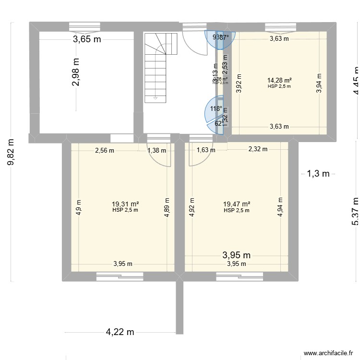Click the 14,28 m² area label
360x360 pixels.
coord(279,80)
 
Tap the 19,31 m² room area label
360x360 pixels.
coord(125,204)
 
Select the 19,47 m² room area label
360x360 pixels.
coord(237,204)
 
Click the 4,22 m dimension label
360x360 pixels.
coord(120,332)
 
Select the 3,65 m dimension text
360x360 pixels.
coord(87,39)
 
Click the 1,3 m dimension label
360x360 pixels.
coord(318,174)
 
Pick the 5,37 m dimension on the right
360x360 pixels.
coord(355,211)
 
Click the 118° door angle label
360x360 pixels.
coord(216,108)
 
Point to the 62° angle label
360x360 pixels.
coord(219,123)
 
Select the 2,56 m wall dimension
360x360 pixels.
coord(105,150)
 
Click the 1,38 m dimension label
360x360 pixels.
coord(157,150)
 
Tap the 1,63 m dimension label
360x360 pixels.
coord(206,150)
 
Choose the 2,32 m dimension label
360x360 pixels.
coord(257,149)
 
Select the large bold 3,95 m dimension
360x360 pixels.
coord(237,255)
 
